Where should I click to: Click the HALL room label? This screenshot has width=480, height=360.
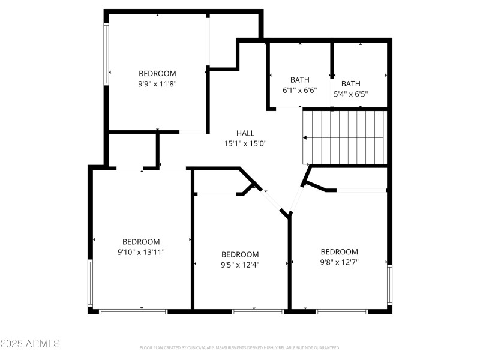(245, 133)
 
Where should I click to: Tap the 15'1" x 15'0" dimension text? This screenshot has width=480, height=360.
(245, 144)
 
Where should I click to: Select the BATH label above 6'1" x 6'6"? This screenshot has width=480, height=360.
(299, 80)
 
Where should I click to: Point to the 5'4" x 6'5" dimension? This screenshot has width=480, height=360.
(351, 94)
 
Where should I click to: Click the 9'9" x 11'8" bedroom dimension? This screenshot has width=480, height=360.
(157, 84)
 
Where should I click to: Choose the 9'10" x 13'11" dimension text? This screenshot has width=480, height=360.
(141, 253)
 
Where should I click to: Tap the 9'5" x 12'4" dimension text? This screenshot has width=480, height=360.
(240, 264)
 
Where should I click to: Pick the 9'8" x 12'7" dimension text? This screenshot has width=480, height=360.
(339, 262)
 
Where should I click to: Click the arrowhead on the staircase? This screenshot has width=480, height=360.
(305, 137)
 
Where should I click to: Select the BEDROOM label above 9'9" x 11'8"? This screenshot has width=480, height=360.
(157, 73)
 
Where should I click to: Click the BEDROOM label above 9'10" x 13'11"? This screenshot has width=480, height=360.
(141, 242)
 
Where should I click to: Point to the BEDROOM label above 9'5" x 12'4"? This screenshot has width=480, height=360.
(240, 254)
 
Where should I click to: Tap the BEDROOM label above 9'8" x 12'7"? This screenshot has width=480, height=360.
(339, 251)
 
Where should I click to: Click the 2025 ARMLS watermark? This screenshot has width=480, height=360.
(30, 344)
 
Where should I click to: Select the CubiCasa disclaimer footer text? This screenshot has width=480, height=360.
(240, 347)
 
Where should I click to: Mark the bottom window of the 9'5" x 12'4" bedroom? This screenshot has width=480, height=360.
(258, 311)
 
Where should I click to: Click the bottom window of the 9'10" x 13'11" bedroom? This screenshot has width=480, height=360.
(133, 311)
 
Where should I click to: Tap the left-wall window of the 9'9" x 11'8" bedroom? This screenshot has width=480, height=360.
(107, 54)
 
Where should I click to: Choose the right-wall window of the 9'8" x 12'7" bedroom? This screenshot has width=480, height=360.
(389, 286)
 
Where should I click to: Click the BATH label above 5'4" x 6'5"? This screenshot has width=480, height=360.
(351, 83)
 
